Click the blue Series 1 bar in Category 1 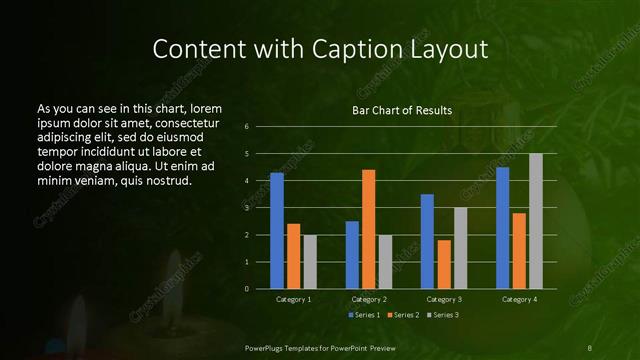[x=277, y=231]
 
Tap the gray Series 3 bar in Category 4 [x=535, y=221]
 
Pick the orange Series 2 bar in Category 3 [x=443, y=264]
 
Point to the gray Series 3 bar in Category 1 [x=310, y=262]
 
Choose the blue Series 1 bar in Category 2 [x=352, y=255]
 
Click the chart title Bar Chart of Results [x=402, y=110]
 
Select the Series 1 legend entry [x=363, y=315]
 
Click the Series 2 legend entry [x=402, y=315]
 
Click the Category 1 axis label [x=293, y=299]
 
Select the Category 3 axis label [x=443, y=299]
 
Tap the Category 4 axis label [x=518, y=299]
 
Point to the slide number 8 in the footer [x=591, y=346]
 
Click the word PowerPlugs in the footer [x=267, y=346]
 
